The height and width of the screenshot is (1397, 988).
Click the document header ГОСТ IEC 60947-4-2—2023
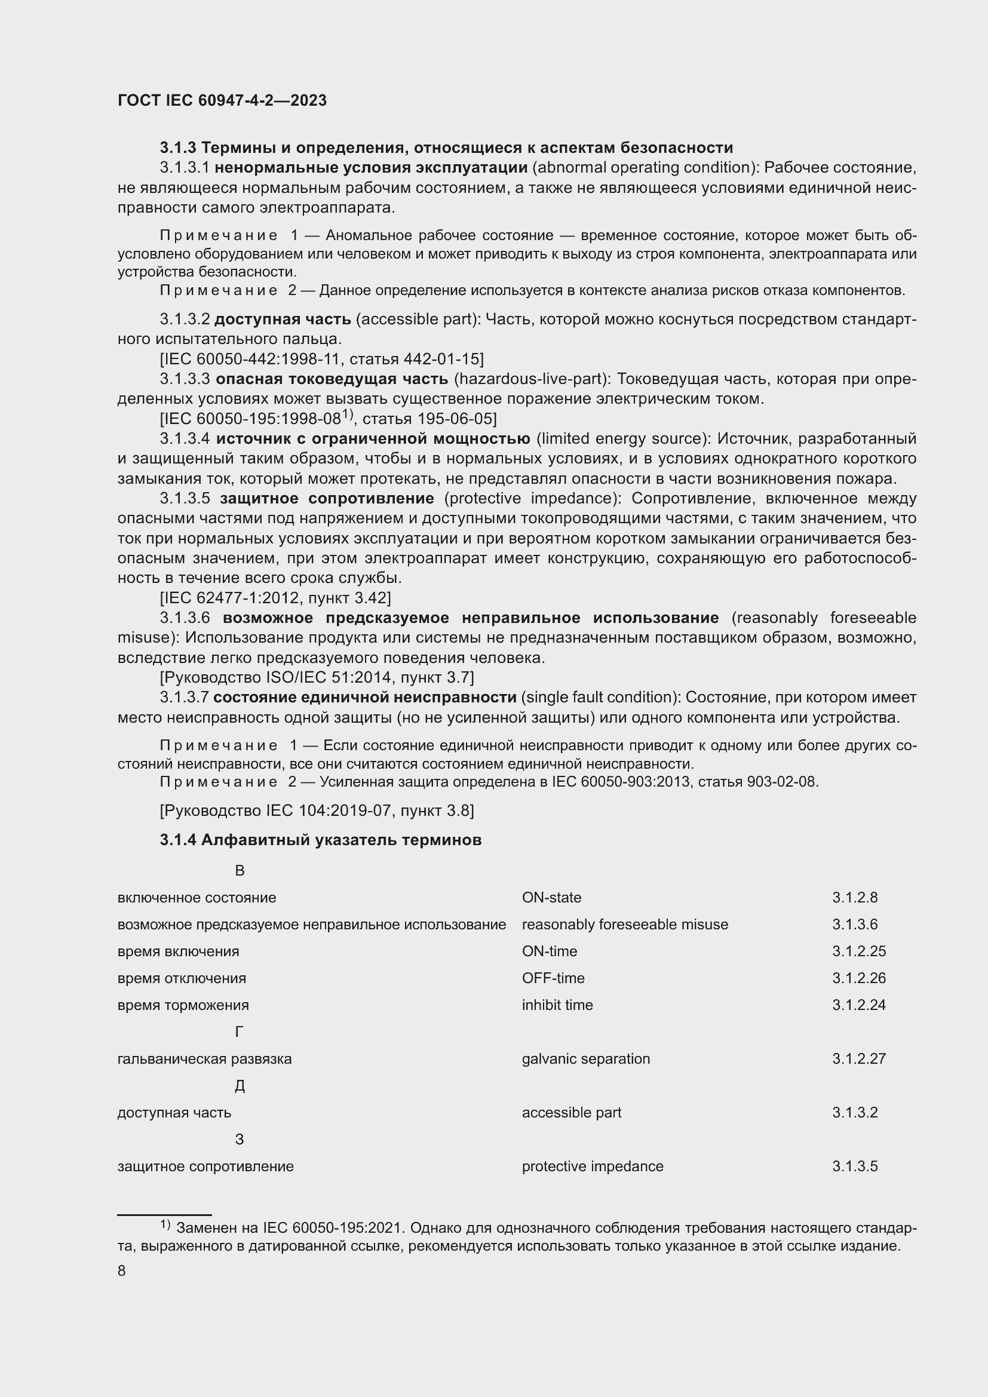coord(222,100)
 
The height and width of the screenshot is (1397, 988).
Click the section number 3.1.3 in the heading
coord(177,148)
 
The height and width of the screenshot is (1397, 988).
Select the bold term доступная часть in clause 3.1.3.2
coord(283,319)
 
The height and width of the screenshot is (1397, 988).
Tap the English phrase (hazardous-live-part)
coord(532,379)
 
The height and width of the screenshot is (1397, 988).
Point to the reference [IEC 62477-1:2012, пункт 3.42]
coord(275,597)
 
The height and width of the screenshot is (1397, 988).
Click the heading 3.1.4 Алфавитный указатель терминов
coord(321,840)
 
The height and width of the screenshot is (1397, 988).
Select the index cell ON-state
coord(551,898)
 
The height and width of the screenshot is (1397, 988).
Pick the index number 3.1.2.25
coord(858,951)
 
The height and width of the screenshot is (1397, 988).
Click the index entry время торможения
coord(183,1005)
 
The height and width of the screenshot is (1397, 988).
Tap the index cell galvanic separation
coord(585,1059)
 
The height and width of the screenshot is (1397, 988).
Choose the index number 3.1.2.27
coord(858,1059)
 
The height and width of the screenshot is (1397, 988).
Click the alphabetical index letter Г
coord(239,1032)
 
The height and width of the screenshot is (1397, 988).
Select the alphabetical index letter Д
coord(239,1086)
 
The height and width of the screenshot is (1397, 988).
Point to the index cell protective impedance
coord(592,1166)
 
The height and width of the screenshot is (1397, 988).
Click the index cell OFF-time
coord(553,978)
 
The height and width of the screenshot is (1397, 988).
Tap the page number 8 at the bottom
coord(122,1271)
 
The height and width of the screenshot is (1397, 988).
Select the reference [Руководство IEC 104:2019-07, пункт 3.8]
coord(317,810)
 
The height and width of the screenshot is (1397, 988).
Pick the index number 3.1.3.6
coord(854,924)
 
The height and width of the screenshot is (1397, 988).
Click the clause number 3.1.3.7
coord(185,697)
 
